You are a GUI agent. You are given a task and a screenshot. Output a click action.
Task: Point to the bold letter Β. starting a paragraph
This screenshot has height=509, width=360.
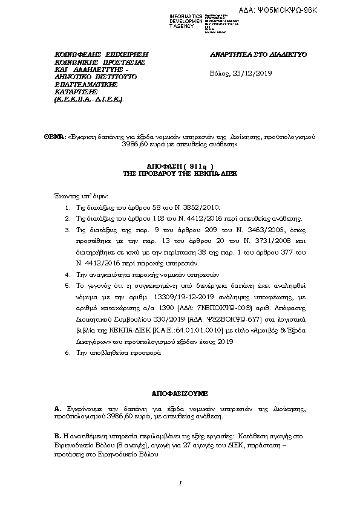57,435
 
